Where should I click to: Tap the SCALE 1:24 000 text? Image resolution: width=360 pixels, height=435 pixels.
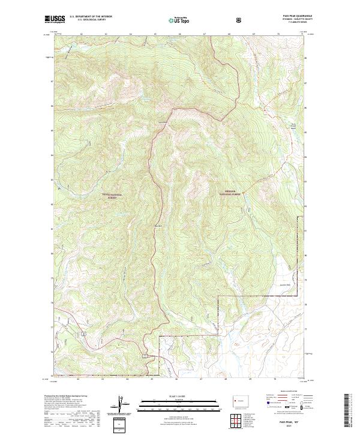point(179,395)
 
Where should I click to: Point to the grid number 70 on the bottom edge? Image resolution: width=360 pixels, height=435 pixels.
point(274,379)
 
